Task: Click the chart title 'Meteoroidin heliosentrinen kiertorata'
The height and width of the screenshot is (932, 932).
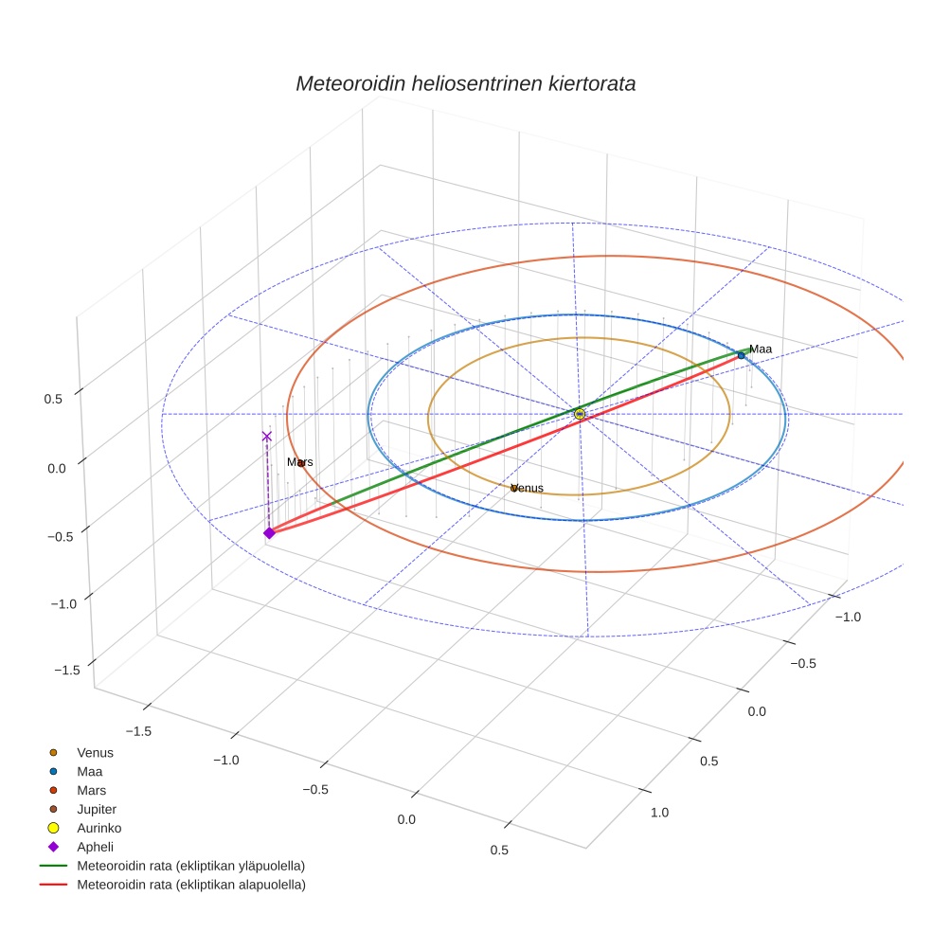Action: [465, 83]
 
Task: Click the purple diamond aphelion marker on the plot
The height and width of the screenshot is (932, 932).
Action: [269, 533]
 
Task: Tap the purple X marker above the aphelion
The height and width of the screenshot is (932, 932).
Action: [267, 437]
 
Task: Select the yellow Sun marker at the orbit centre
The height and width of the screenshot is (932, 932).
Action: [580, 414]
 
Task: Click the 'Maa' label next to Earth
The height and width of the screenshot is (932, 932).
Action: [761, 349]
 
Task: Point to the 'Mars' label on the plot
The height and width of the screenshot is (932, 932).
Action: [299, 462]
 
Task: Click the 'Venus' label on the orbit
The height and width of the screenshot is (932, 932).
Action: [528, 488]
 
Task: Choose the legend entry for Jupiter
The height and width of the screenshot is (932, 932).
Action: [96, 810]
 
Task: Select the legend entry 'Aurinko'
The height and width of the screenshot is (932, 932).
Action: [99, 828]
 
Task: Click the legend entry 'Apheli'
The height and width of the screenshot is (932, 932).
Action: [95, 847]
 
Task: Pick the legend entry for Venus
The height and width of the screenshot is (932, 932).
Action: [95, 753]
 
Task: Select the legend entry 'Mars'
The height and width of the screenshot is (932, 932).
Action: [91, 791]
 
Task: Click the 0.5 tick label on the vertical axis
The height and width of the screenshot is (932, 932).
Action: [53, 400]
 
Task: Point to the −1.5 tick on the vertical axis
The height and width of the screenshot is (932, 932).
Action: [66, 670]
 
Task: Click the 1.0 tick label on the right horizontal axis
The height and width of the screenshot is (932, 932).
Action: [659, 812]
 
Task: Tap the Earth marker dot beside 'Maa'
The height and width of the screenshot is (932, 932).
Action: [742, 355]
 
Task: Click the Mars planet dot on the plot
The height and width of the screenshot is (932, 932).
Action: [301, 464]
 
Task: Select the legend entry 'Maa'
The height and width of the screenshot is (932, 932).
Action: [90, 772]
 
